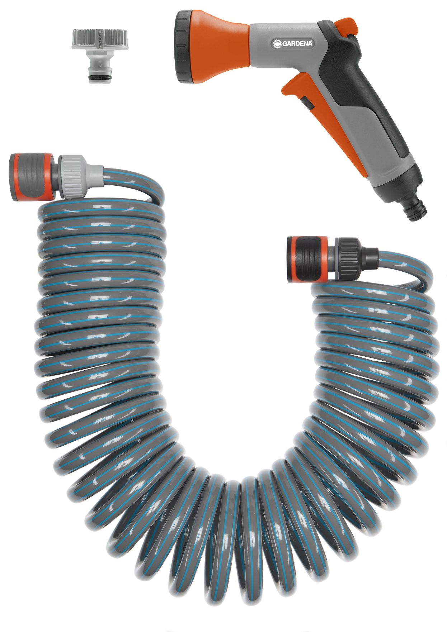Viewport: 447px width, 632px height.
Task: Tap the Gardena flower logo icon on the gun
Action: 277,43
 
